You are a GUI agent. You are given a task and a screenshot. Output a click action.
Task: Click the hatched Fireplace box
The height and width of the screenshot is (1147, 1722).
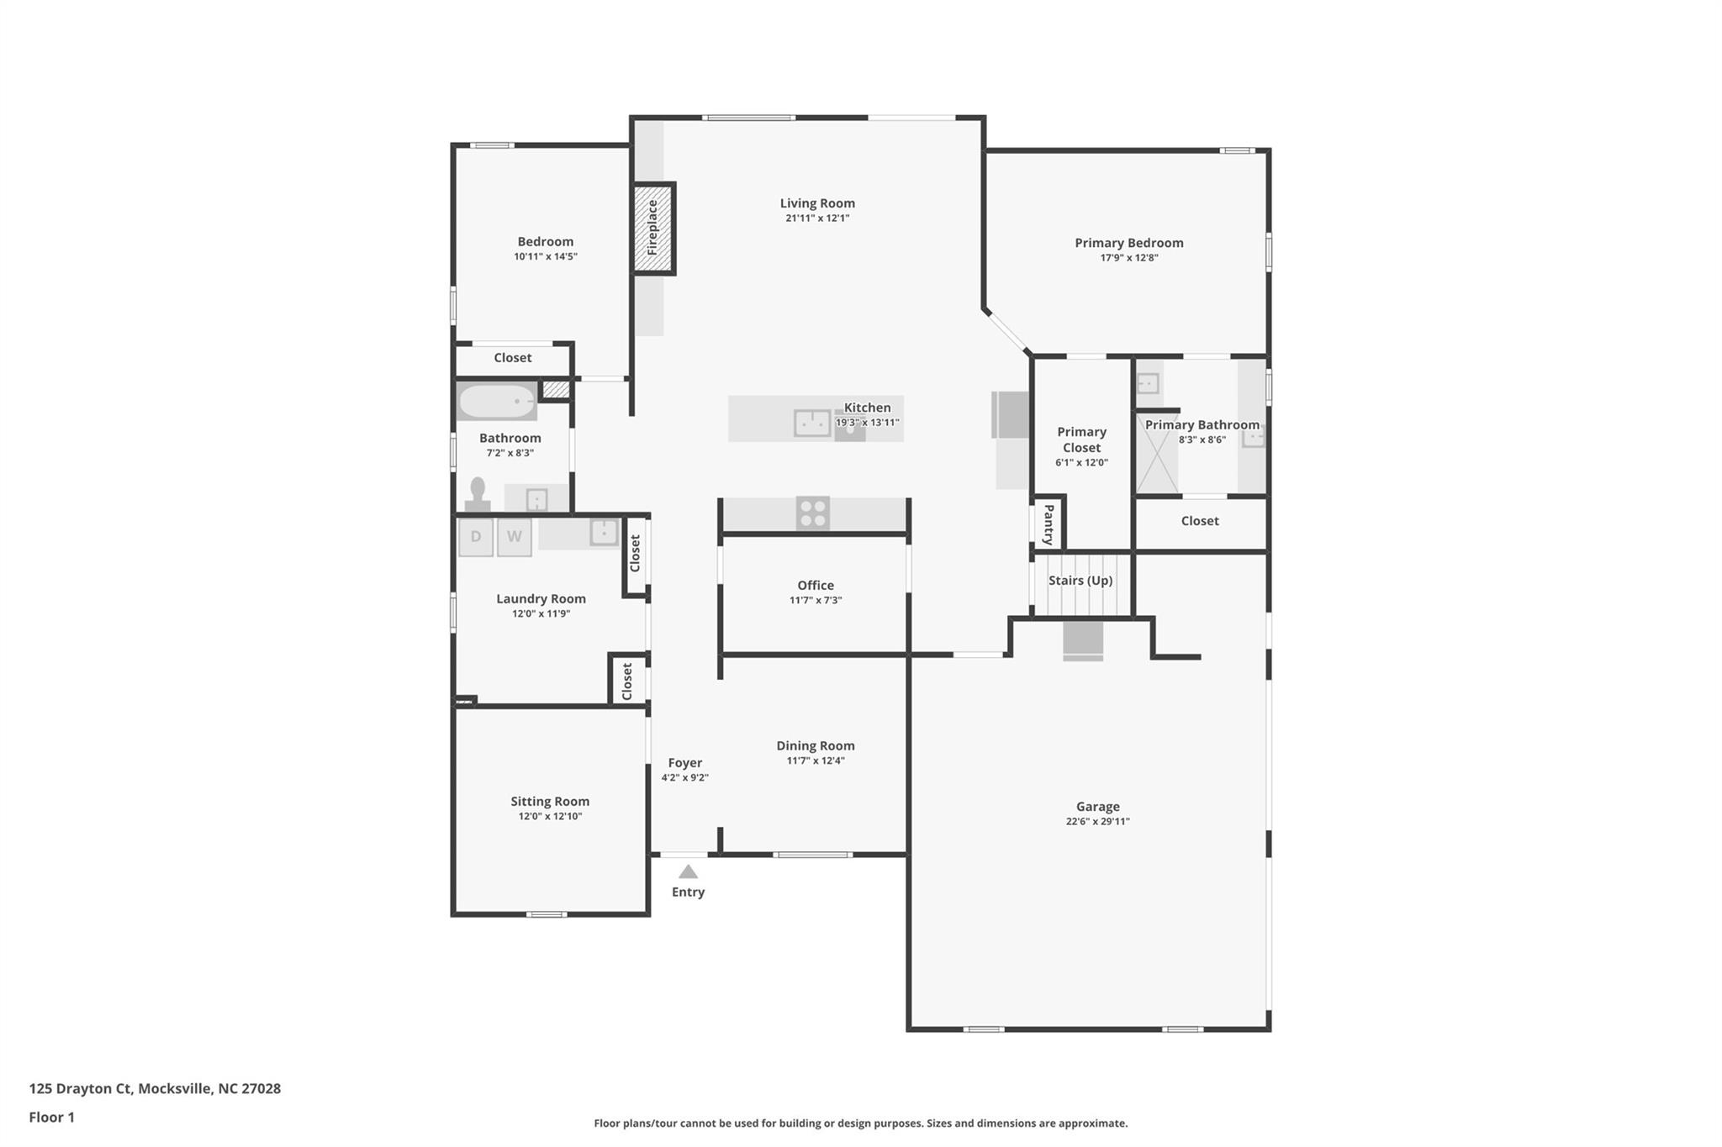point(653,229)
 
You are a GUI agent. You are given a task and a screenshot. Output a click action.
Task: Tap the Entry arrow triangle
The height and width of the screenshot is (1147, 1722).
point(688,872)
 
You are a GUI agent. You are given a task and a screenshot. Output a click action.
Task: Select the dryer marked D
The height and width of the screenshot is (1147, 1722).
point(476,537)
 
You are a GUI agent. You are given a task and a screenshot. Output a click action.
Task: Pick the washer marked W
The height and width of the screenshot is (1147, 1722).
point(514,537)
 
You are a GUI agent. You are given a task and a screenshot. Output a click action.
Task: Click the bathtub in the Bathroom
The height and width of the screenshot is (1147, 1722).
point(497,403)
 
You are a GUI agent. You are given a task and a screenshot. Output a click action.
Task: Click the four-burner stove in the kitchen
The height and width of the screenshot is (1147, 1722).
point(813,513)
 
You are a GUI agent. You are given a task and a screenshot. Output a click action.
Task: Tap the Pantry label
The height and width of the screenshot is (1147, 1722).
point(1049,524)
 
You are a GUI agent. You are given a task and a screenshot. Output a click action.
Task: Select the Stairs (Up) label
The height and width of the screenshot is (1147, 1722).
point(1080,581)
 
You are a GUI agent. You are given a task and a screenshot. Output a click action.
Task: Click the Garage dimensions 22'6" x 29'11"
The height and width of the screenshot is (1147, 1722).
point(1097,822)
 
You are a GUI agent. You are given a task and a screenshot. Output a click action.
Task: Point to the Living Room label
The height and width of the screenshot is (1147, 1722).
point(817,203)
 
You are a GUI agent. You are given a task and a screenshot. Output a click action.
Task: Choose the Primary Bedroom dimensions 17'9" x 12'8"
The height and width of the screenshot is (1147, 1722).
point(1128,258)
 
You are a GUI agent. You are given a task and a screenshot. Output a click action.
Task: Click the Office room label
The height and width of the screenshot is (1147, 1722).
point(816,586)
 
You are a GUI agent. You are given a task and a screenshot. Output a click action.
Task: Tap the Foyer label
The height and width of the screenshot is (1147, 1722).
point(684,763)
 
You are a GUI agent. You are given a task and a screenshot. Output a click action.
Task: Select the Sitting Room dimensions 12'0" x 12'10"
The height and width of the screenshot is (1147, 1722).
point(550,817)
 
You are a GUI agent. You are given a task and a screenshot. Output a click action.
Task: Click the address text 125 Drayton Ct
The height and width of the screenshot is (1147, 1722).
point(81,1089)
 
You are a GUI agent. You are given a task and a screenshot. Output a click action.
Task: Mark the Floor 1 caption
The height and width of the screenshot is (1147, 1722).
point(52,1118)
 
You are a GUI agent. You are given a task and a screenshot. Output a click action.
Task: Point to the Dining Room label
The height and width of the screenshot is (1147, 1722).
point(815,746)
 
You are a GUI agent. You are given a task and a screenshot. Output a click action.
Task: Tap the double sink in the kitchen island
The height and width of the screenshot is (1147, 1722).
point(812,424)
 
